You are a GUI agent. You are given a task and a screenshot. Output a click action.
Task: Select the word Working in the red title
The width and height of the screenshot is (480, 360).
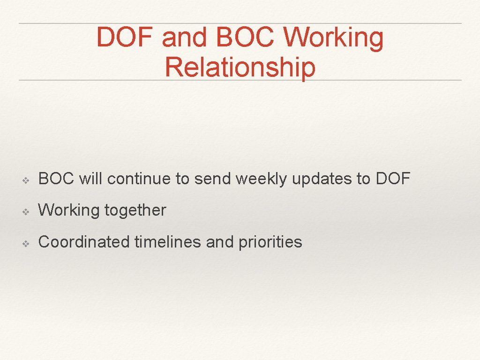pyautogui.click(x=334, y=37)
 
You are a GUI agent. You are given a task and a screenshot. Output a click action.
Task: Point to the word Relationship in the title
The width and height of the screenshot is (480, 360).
pyautogui.click(x=240, y=67)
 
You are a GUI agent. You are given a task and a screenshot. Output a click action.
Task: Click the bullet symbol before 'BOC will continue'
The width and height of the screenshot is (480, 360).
pyautogui.click(x=27, y=179)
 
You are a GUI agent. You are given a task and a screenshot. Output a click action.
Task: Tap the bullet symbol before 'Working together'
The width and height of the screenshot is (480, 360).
pyautogui.click(x=27, y=211)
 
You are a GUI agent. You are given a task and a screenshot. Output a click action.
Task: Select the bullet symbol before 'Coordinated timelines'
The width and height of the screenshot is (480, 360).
pyautogui.click(x=27, y=243)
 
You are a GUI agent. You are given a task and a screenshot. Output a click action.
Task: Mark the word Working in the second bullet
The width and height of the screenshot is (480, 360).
pyautogui.click(x=69, y=210)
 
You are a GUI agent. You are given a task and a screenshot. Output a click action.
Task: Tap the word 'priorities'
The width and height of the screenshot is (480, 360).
pyautogui.click(x=270, y=242)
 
